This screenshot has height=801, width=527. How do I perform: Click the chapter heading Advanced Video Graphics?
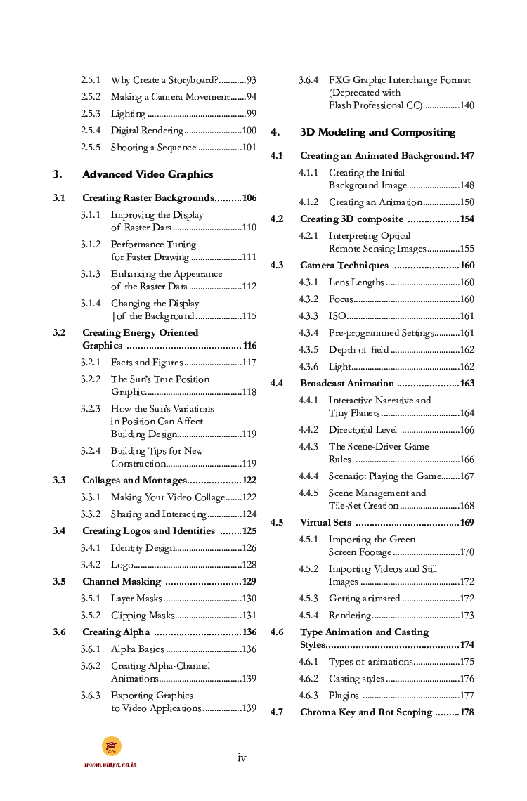pos(148,174)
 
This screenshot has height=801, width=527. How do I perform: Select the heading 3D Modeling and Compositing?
pos(377,132)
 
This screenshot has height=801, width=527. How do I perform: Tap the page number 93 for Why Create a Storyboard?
pos(251,80)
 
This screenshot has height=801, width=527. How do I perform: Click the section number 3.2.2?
pos(90,379)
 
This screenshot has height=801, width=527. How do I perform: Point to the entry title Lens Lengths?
pos(356,282)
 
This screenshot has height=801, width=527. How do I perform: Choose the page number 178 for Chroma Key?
pos(467,712)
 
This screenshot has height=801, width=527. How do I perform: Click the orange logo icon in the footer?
pos(111,746)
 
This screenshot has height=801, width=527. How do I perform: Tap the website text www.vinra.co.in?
pos(110,764)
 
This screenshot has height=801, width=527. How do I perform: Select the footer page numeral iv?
pos(242,757)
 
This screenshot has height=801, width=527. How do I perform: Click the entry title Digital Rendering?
pos(147,131)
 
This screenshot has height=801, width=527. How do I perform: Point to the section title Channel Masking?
pos(122,582)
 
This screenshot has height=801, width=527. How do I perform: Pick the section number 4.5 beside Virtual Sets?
pos(277,523)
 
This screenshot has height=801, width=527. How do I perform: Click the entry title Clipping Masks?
pos(143,616)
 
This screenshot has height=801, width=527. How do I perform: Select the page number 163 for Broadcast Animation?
pos(467,384)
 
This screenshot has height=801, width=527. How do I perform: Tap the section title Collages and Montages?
pos(134,481)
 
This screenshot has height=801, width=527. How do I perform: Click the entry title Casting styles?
pos(356,679)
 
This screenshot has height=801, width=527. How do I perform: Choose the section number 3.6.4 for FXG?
pos(308,80)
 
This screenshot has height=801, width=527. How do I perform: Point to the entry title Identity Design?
pos(142,548)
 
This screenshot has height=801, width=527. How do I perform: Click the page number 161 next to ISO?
pos(467,316)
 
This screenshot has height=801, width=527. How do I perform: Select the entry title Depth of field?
pos(358,350)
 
